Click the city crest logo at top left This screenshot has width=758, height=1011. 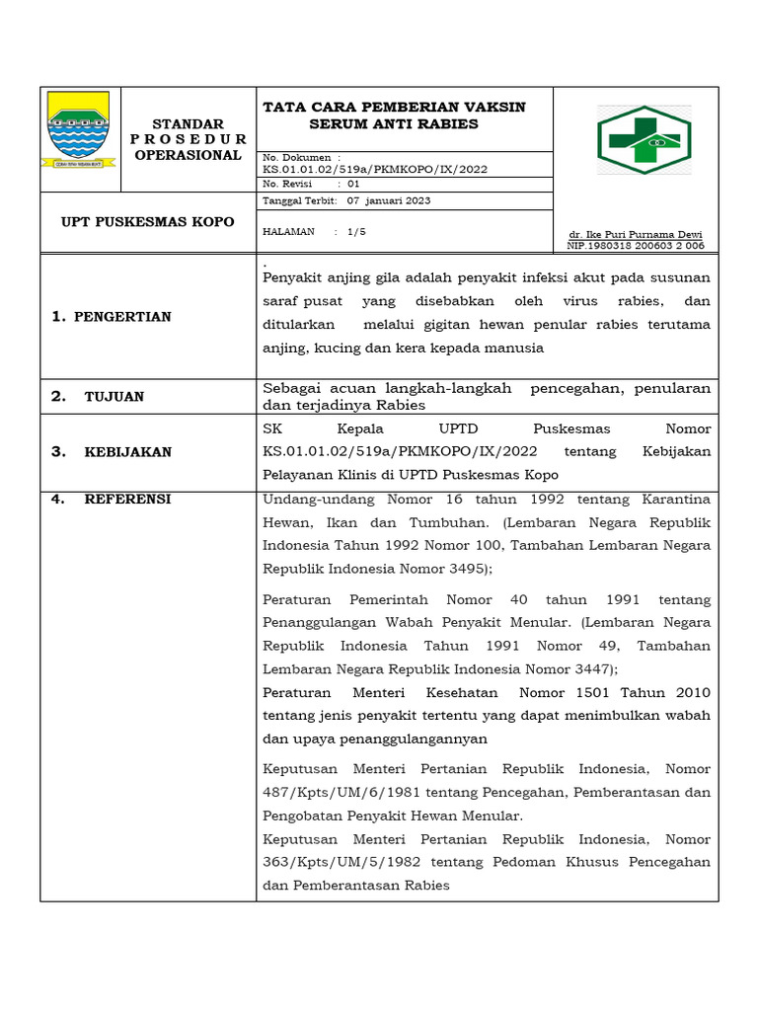click(80, 128)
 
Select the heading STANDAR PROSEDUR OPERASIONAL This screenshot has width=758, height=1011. click(188, 139)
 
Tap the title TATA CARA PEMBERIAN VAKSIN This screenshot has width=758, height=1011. click(393, 107)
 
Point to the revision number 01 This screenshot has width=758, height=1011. click(353, 184)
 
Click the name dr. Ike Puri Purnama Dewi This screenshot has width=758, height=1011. click(636, 235)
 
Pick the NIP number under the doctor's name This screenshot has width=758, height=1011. click(636, 245)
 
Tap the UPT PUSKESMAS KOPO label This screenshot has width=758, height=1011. click(147, 221)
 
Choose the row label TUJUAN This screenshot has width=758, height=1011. click(114, 397)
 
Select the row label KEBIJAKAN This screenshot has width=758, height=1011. click(127, 452)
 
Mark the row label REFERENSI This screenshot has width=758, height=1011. click(127, 500)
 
